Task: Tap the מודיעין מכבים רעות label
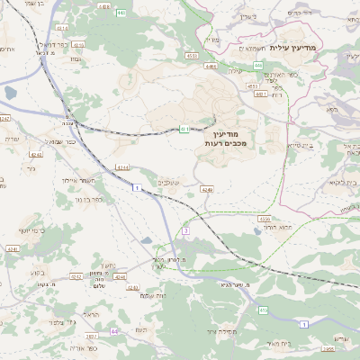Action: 237,138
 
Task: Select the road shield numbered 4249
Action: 208,190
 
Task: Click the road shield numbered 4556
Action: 265,219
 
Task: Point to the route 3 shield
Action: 186,231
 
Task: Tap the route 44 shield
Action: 113,332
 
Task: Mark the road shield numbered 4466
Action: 211,67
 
